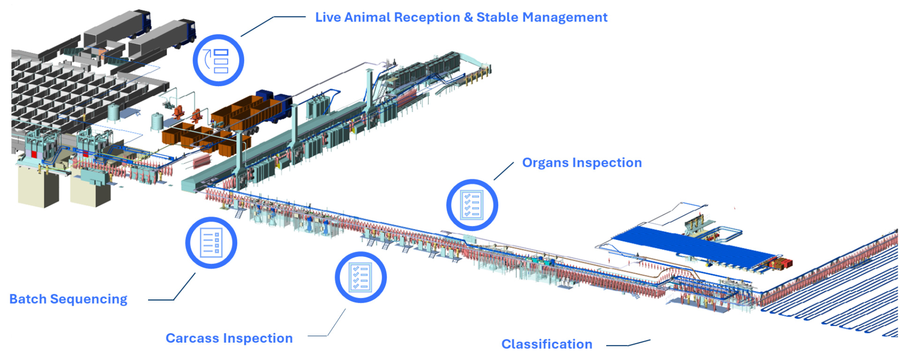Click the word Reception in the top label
[x=427, y=18]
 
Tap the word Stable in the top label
[x=497, y=18]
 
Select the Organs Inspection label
[x=582, y=163]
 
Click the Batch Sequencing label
[x=68, y=299]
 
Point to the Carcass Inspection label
[x=229, y=338]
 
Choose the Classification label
[x=547, y=344]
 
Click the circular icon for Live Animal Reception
[x=218, y=60]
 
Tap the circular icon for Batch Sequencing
[x=211, y=242]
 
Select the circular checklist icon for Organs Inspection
[x=472, y=205]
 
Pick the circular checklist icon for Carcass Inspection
[x=360, y=277]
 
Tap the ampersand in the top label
[x=468, y=18]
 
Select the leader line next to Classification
[x=628, y=344]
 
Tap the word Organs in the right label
[x=544, y=163]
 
